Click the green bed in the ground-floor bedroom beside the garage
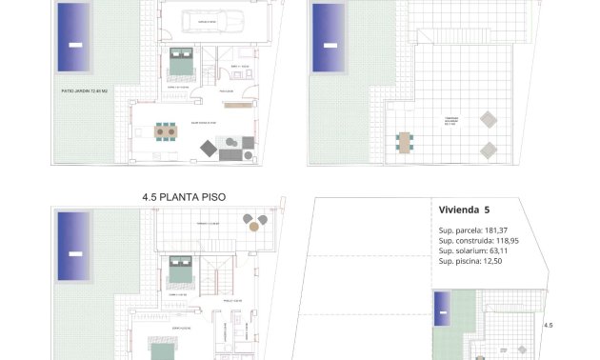[180, 64]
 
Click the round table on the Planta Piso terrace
[252, 223]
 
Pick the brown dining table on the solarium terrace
[407, 143]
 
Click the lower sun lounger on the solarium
[487, 150]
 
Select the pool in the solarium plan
[329, 28]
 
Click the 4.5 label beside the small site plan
[548, 326]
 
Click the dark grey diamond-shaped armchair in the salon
[207, 148]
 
